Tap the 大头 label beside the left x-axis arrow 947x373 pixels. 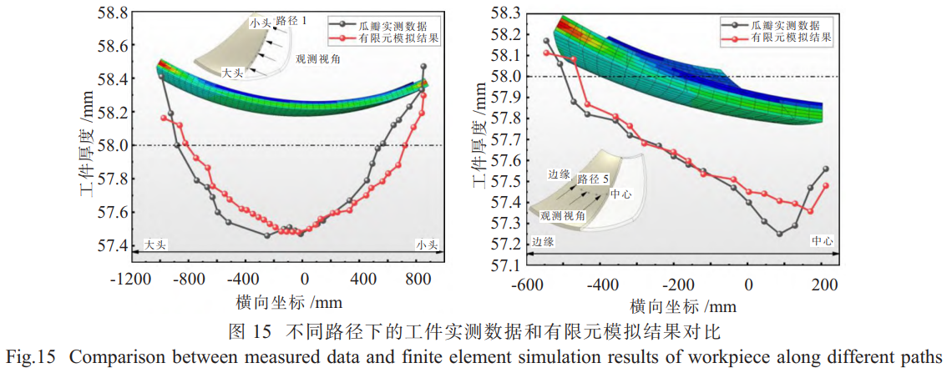(157, 244)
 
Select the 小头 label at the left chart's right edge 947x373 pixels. (428, 244)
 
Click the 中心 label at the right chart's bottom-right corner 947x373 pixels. (823, 240)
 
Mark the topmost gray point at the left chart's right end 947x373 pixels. (423, 66)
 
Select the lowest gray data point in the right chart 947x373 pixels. (780, 234)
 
